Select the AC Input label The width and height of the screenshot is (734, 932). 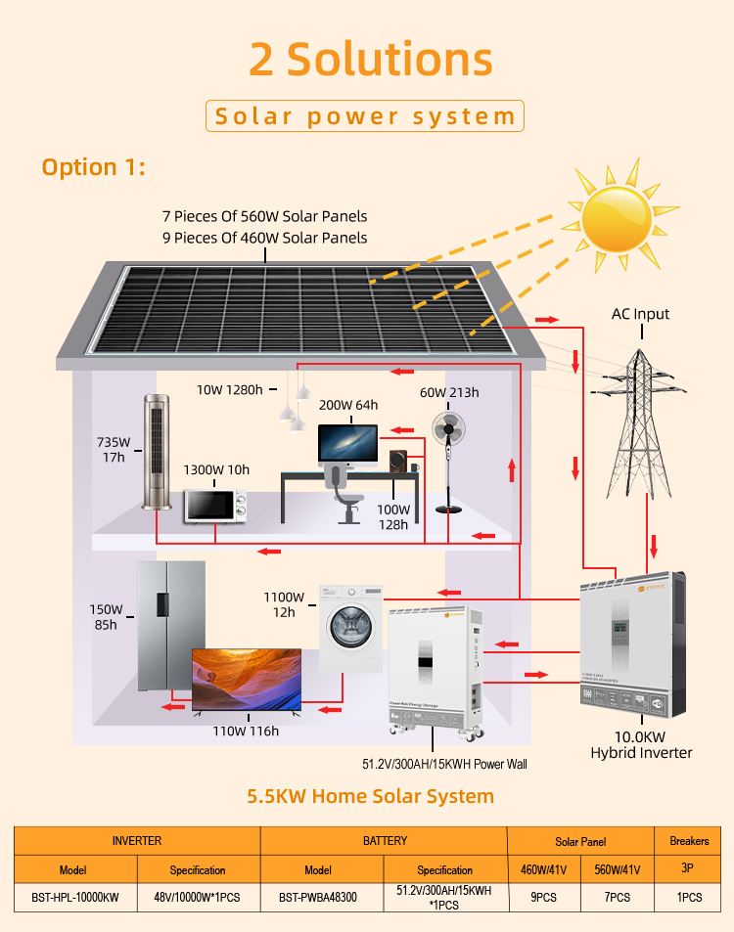coord(640,314)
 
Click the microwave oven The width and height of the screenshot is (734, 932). coord(215,505)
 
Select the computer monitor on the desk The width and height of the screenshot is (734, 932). coord(347,445)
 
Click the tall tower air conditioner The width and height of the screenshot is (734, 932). coord(157,451)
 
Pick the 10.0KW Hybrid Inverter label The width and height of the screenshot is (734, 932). coord(641,744)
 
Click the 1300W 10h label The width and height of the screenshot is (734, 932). coord(216,469)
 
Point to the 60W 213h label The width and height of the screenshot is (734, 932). coord(449,393)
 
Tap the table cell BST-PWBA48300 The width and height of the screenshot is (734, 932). coord(317,897)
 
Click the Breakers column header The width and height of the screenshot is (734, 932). coord(689,840)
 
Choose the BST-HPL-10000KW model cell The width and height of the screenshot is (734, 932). coord(75,897)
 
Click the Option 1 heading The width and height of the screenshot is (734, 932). coord(94,167)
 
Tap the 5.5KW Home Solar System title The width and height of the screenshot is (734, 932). coord(370,796)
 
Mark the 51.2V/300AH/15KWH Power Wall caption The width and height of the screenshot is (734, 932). coord(444,764)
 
